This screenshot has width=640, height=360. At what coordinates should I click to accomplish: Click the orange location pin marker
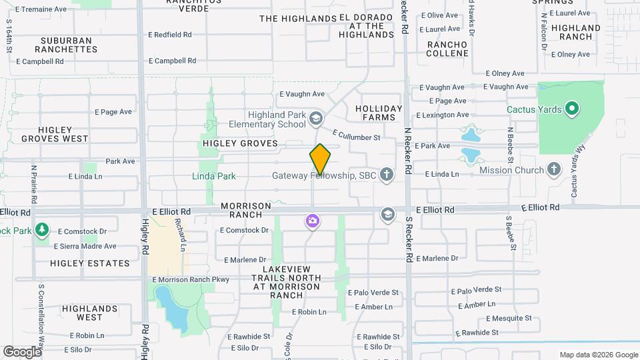point(320,159)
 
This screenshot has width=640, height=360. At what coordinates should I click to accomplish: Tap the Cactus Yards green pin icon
point(571,109)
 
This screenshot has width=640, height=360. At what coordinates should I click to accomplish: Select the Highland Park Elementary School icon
point(315,119)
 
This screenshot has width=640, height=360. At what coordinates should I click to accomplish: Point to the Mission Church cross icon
point(553,170)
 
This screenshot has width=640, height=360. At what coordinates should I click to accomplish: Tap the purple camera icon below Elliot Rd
point(312,221)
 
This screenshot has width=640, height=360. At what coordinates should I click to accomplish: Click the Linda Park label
point(214,176)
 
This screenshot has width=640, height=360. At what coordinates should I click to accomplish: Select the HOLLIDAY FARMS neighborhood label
point(379,113)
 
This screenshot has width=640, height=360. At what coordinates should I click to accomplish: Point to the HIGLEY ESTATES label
point(90,263)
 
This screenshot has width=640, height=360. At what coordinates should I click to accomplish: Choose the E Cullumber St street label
point(355,136)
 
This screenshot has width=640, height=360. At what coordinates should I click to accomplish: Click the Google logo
point(22,351)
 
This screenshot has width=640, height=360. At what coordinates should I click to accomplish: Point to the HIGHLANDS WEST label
point(89,313)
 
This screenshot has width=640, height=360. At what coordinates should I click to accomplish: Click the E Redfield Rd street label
point(170,34)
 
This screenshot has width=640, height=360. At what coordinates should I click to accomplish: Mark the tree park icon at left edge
point(42,230)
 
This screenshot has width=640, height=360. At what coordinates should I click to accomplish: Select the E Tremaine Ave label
point(41,9)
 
